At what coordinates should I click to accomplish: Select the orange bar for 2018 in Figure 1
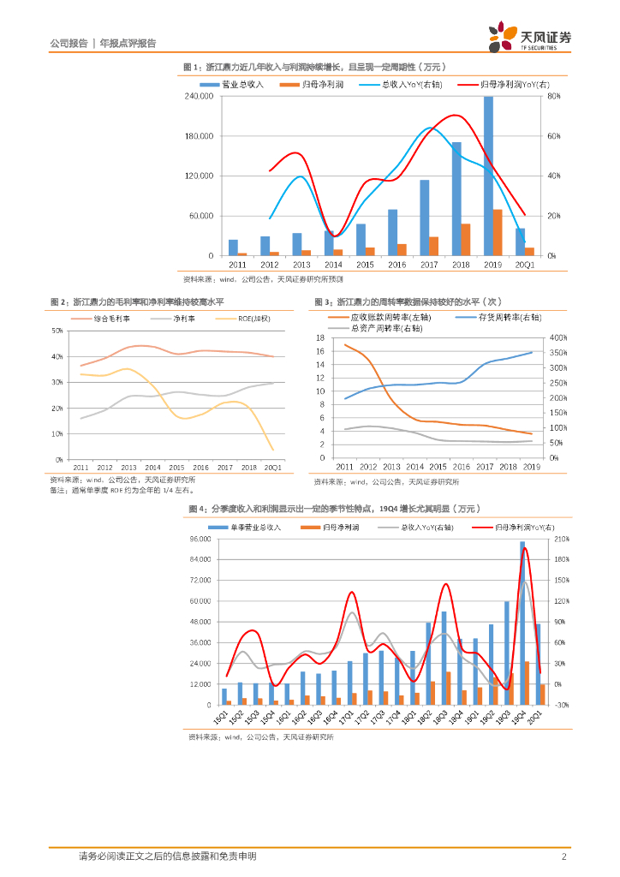[x=466, y=239]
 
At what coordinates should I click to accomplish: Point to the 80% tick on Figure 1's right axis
[x=553, y=97]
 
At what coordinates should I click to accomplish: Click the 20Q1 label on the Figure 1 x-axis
[x=523, y=265]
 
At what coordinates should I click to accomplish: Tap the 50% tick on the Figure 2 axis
[x=57, y=331]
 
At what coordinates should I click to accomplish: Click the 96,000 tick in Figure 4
[x=199, y=539]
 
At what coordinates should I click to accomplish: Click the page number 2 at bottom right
[x=563, y=856]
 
